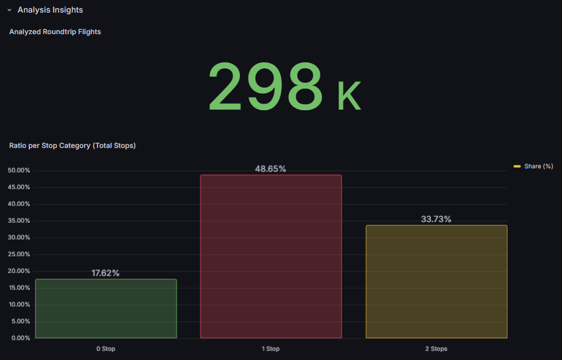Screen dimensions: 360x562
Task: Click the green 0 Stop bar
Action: click(x=106, y=308)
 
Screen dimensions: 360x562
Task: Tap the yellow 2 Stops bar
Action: click(x=436, y=282)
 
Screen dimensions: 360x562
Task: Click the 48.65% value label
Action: click(x=271, y=169)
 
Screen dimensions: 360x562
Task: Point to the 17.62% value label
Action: click(x=105, y=273)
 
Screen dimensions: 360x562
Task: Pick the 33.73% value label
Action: click(x=436, y=219)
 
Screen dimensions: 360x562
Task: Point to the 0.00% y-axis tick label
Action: click(x=20, y=338)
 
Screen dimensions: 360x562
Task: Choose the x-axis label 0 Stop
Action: click(x=106, y=349)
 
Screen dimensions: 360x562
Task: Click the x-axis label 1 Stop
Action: click(x=271, y=349)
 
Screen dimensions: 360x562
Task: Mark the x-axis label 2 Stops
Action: click(x=436, y=349)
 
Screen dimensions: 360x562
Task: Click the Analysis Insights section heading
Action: click(x=50, y=10)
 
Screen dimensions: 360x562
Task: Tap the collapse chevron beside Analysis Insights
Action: click(x=10, y=10)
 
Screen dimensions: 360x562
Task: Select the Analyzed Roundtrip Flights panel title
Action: click(x=55, y=32)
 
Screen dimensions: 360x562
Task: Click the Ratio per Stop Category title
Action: click(x=72, y=146)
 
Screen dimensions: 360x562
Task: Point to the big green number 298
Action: click(x=265, y=87)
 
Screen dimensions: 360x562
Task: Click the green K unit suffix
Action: click(x=349, y=97)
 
